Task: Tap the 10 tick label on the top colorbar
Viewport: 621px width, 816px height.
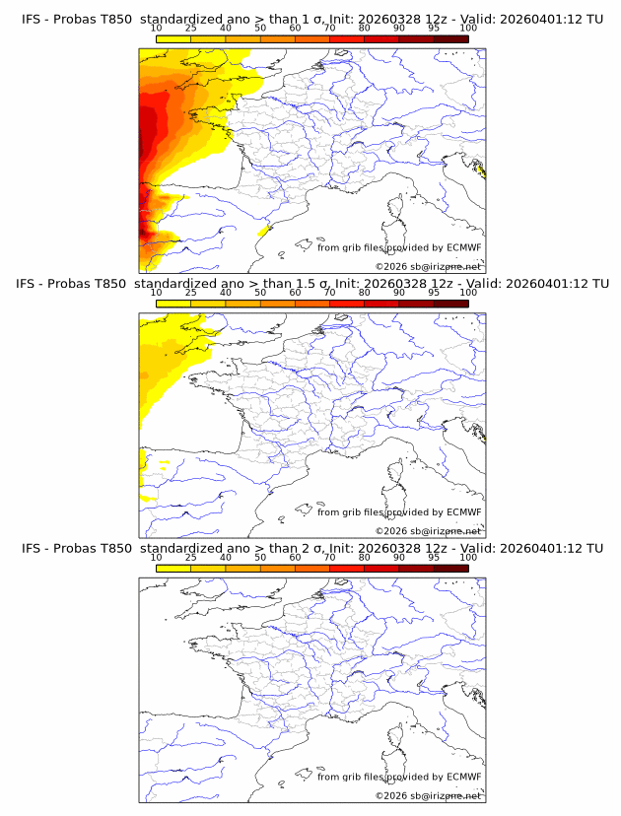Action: coord(156,29)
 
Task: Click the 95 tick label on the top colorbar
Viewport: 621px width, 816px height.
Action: coord(434,29)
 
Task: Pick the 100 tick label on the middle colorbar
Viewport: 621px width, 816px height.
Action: coord(468,293)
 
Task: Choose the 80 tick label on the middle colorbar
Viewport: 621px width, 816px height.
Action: coord(365,293)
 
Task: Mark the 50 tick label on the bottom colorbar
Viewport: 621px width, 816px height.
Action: coord(260,557)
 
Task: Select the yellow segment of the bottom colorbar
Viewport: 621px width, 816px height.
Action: coord(173,567)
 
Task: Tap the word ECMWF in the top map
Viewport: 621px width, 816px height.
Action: coord(464,248)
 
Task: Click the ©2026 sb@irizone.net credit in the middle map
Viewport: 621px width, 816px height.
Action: coord(428,530)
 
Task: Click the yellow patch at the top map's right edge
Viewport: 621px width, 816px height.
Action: coord(480,171)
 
